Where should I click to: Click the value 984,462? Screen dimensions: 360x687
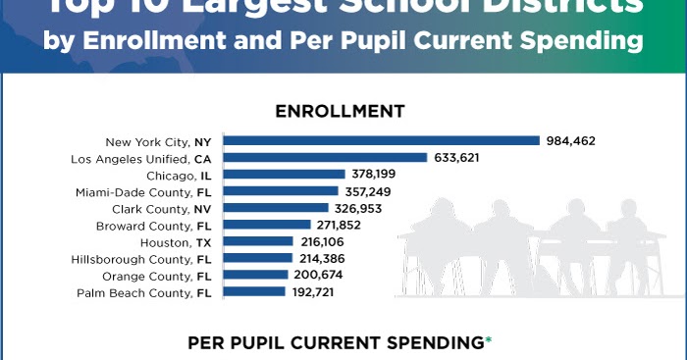[571, 141]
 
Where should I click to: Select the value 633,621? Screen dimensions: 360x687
[459, 158]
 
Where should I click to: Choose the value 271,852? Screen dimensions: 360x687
[339, 225]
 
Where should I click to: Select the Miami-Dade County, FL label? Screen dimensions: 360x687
[144, 191]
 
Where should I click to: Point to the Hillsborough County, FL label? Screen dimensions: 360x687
[141, 259]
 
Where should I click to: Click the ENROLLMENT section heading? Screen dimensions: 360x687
[340, 111]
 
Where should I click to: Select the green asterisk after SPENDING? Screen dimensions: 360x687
[489, 340]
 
